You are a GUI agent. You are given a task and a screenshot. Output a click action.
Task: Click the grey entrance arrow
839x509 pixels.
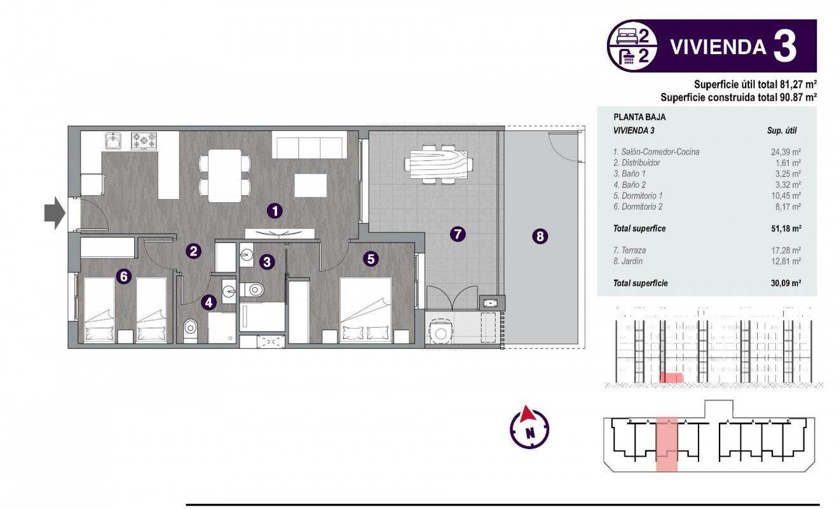point(55,213)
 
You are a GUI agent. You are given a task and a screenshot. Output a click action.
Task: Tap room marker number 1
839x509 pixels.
point(274,209)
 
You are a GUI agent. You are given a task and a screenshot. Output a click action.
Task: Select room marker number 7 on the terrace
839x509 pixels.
point(457,234)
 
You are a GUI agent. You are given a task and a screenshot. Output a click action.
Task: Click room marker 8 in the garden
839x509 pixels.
point(540,237)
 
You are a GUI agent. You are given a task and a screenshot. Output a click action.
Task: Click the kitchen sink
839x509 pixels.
point(114,141)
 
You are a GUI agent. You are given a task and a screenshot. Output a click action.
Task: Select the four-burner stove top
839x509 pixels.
point(144,141)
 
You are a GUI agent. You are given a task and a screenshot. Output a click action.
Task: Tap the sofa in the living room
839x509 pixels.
point(310,145)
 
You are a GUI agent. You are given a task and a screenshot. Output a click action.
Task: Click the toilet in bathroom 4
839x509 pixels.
point(190,330)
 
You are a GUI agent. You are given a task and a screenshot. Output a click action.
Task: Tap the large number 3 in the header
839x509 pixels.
point(786,46)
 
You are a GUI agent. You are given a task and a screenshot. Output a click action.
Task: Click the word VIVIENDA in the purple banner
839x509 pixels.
point(718,47)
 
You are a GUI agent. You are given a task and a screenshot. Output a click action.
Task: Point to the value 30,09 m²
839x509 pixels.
point(785,284)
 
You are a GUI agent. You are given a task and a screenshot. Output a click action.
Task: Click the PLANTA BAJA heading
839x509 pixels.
point(639,118)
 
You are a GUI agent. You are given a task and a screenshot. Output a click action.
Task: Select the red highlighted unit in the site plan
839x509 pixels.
point(667,444)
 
